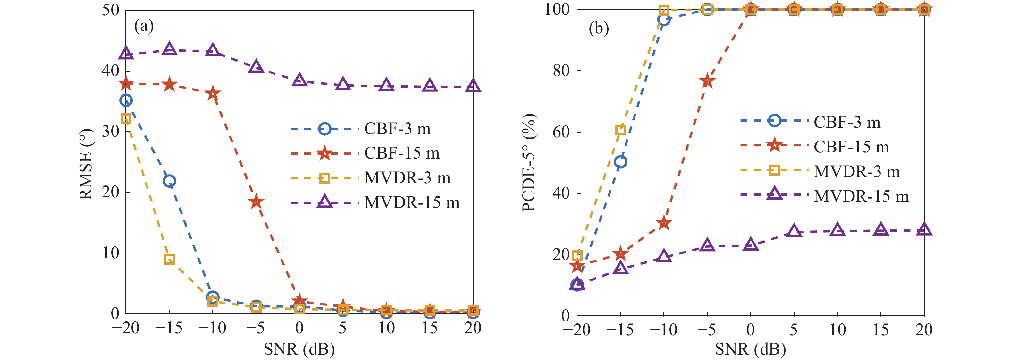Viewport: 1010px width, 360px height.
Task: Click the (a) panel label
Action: point(144,26)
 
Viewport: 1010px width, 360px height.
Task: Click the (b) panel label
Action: point(599,28)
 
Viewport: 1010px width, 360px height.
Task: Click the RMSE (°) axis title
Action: point(86,165)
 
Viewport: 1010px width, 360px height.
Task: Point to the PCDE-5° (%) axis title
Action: point(529,163)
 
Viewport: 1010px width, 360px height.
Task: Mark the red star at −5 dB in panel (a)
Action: point(257,201)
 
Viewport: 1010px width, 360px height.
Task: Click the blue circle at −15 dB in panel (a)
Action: point(169,181)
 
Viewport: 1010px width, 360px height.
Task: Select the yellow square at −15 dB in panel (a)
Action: point(169,259)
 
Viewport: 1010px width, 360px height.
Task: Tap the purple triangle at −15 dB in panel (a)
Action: point(169,49)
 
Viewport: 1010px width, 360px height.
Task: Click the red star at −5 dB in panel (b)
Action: point(707,81)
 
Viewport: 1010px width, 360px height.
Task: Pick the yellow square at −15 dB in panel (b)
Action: point(620,130)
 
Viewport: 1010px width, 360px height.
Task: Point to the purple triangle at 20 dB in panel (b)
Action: point(924,229)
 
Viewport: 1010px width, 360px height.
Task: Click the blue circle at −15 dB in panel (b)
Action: point(620,162)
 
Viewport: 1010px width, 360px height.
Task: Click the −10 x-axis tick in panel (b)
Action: point(663,330)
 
